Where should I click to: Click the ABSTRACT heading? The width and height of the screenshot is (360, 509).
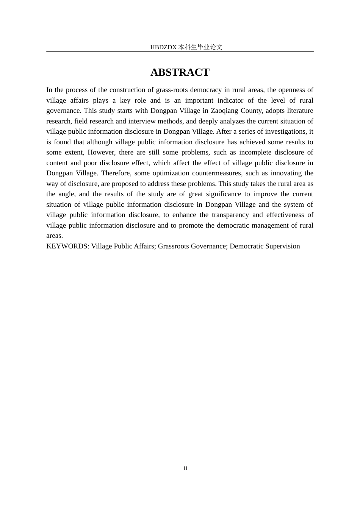click(x=180, y=72)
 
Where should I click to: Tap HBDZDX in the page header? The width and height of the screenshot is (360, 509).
click(x=163, y=47)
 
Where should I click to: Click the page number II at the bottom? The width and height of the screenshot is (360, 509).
click(x=185, y=468)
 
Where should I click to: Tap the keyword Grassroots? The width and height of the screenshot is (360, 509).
click(x=174, y=246)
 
